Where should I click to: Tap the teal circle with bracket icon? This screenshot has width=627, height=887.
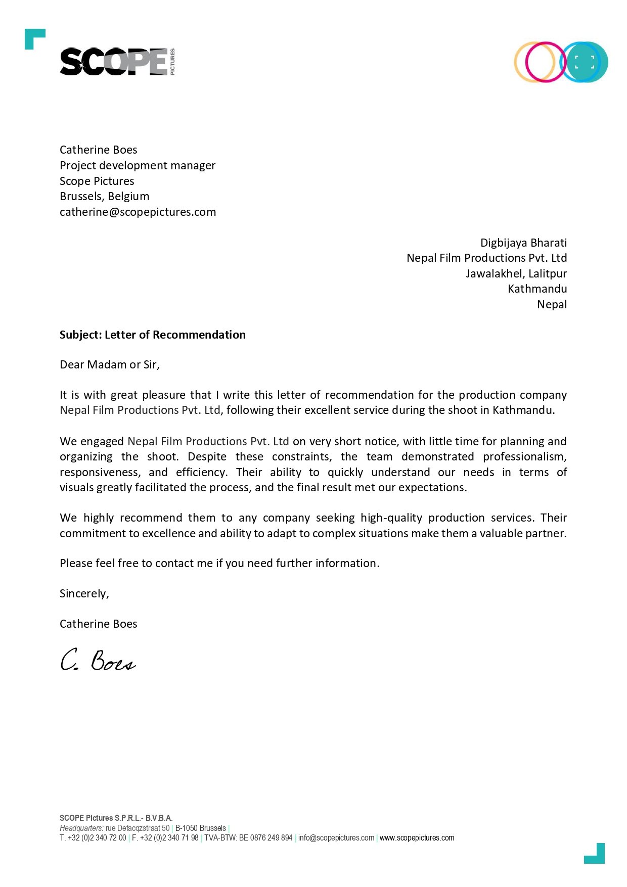tap(585, 62)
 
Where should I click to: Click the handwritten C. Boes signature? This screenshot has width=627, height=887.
tap(98, 660)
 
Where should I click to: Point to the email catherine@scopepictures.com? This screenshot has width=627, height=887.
tap(138, 212)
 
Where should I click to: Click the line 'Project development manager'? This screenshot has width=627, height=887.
tap(138, 166)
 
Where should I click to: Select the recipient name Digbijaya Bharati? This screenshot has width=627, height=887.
tap(523, 243)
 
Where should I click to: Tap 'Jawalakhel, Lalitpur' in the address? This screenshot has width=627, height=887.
tap(516, 274)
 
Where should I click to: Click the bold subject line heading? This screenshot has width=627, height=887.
tap(152, 335)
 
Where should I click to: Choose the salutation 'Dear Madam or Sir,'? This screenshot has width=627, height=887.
tap(110, 365)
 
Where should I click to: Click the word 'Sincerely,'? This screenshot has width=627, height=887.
tap(84, 594)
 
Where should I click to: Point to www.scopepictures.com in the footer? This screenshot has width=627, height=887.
tap(417, 838)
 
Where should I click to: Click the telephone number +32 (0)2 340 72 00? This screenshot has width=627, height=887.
tap(97, 838)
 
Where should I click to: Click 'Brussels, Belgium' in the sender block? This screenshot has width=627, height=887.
tap(104, 197)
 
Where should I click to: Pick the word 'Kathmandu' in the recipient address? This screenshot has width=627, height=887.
tap(537, 289)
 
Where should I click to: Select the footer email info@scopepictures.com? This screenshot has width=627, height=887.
tap(336, 838)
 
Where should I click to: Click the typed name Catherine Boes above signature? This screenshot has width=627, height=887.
tap(98, 624)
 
